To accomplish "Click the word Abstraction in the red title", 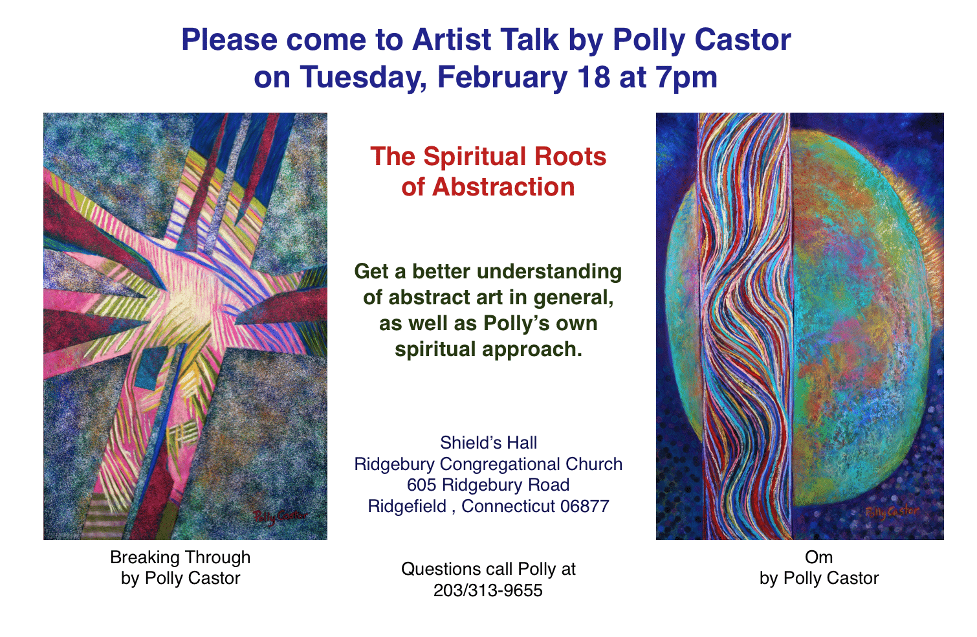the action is coord(504,186).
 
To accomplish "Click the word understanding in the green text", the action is coord(549,271).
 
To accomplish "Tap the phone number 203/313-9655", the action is coord(488,590).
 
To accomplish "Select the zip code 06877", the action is coord(585,506).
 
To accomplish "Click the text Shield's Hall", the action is coord(488,442).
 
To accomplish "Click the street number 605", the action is coord(423,485).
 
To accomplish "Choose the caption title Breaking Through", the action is coord(180,557).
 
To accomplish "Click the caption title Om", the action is coord(818,557).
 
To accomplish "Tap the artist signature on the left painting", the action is coord(280,517).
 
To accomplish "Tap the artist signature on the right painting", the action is coord(892,513).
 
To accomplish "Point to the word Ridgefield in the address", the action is coord(407,506).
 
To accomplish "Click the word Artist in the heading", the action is coord(452,39).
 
